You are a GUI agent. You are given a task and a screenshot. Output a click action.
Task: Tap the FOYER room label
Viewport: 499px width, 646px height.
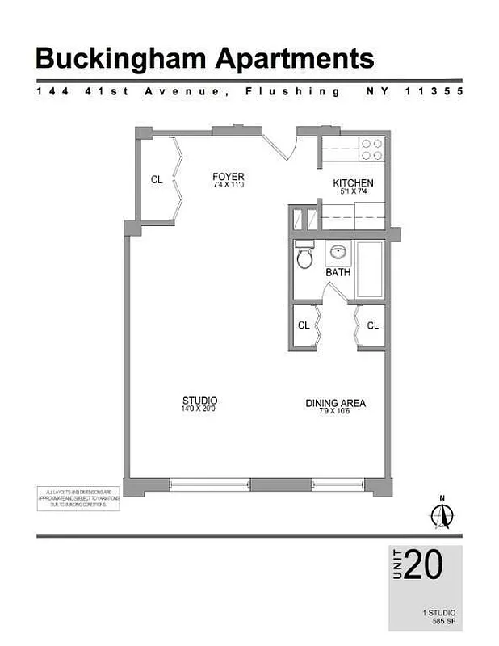[228, 177]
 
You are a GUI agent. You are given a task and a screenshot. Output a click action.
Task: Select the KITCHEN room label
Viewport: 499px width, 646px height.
[353, 183]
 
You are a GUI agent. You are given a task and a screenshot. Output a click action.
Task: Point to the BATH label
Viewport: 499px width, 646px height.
[338, 273]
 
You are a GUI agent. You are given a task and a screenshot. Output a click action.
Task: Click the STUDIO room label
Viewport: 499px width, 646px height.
[199, 401]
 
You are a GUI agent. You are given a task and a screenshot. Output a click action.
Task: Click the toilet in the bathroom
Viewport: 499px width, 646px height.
[304, 256]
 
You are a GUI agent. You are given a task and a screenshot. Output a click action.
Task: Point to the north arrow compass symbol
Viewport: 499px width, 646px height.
[442, 514]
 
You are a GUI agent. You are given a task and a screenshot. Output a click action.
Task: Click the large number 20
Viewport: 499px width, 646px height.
[423, 564]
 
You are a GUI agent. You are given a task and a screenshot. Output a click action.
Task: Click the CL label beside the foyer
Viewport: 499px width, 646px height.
[157, 180]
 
